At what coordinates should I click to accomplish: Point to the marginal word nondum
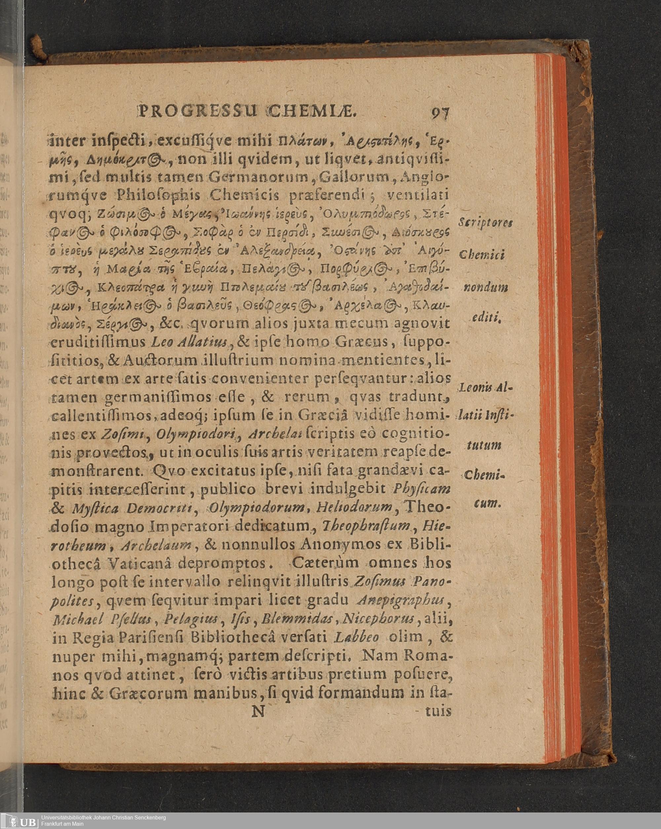coord(485,287)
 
